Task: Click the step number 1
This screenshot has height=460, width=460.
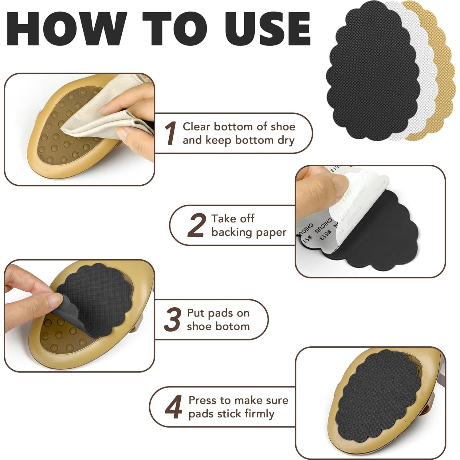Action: click(x=170, y=133)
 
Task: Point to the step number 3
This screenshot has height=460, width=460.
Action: click(x=172, y=320)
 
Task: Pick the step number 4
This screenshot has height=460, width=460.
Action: click(x=174, y=407)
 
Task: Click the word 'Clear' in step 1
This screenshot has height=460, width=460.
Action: click(x=196, y=127)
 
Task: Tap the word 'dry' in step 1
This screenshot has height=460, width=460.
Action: click(x=285, y=140)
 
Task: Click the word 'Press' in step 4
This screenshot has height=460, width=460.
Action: click(x=202, y=400)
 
